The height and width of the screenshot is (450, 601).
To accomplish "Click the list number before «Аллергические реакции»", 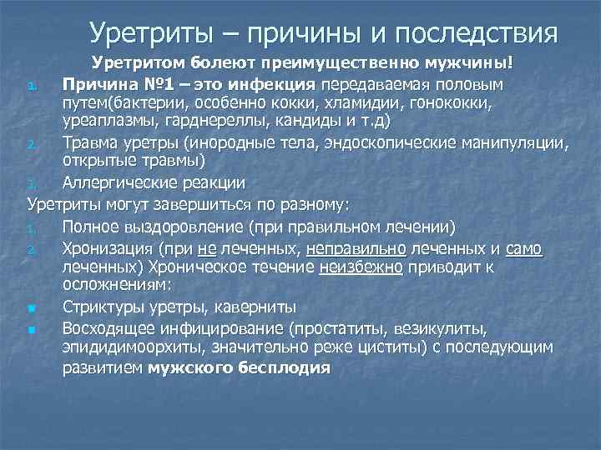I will point(30,183).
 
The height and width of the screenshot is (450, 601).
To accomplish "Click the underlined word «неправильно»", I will point(356,247).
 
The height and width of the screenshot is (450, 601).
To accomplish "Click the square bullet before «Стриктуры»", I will point(31,308).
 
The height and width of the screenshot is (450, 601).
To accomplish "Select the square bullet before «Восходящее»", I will point(31,329).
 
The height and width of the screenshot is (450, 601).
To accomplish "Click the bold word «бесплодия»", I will point(283,367).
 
